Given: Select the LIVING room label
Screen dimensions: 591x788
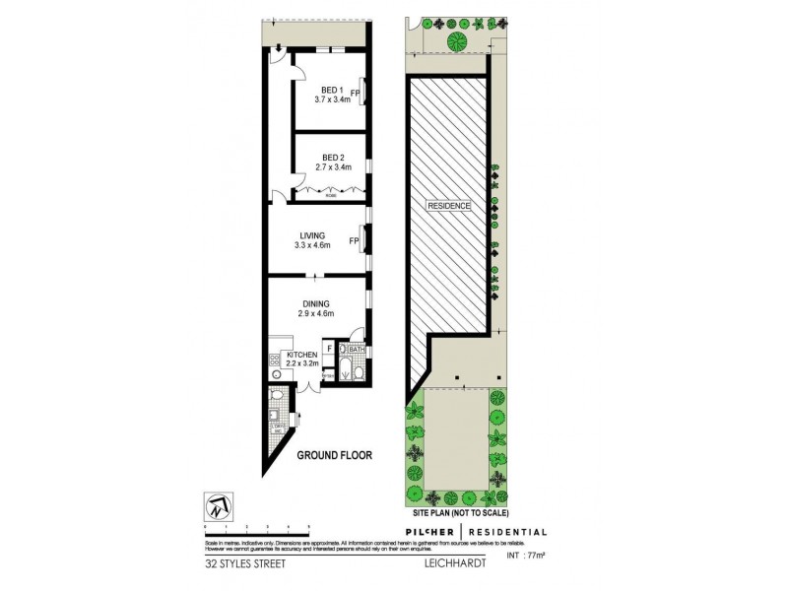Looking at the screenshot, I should point(313,234).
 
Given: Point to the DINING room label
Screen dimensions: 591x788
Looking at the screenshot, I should point(316,303).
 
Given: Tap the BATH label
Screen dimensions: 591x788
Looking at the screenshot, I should point(357,349).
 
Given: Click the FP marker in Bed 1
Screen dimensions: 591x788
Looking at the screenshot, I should point(354,94).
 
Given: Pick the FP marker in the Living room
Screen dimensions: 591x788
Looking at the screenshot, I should point(354,240).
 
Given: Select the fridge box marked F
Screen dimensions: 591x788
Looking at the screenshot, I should point(328,348).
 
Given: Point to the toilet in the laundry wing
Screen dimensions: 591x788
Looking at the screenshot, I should point(280,398).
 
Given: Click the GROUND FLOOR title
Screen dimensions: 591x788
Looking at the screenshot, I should point(333,454).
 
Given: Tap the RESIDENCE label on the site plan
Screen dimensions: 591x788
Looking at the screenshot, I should point(448,206).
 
